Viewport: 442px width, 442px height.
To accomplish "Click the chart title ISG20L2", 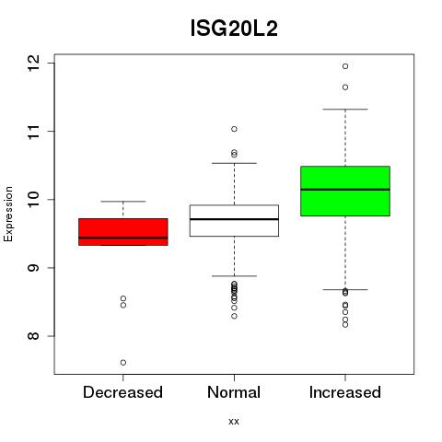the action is (x=234, y=29).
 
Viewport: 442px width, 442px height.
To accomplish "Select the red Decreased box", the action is (x=123, y=232).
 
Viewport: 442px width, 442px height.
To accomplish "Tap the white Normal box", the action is (x=234, y=220).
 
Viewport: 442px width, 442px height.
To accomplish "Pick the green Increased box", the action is (x=345, y=191).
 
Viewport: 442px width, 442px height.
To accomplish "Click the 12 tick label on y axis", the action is (x=33, y=64).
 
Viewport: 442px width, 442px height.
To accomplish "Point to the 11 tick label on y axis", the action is (x=33, y=132).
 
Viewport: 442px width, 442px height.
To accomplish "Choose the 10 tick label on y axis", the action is (x=33, y=200).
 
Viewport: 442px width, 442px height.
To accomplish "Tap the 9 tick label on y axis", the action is (x=33, y=268).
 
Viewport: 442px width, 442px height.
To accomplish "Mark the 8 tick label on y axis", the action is (x=33, y=336).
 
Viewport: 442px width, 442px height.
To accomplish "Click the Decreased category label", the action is (x=122, y=392).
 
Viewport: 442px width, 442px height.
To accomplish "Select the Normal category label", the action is (x=234, y=392).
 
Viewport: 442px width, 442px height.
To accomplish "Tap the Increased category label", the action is (x=345, y=392).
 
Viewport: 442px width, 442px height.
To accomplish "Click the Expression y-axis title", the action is (x=8, y=214).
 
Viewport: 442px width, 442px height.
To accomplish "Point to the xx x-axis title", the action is (x=234, y=422).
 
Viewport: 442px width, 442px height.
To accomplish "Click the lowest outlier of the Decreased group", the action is (x=123, y=363).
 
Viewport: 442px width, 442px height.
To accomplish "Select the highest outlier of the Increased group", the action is (x=345, y=66).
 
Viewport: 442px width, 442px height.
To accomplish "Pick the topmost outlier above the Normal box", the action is (x=234, y=129).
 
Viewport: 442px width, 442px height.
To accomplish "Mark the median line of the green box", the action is (x=345, y=190).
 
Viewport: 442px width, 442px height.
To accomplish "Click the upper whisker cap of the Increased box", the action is (x=345, y=109).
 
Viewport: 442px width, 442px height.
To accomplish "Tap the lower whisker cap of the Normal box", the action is (x=234, y=276).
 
